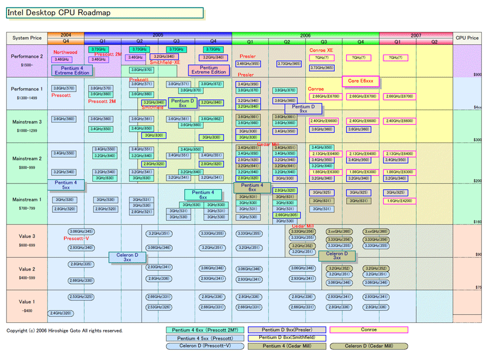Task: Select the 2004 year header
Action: tap(65, 35)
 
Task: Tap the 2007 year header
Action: tap(415, 35)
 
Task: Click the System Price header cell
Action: tap(27, 38)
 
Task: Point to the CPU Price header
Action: tap(467, 38)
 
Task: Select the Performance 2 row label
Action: tap(27, 56)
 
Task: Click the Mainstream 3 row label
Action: tap(27, 122)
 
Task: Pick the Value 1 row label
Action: tap(27, 302)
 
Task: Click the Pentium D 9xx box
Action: tap(303, 108)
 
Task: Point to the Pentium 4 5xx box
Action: tap(65, 185)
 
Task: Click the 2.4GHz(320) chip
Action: tap(60, 313)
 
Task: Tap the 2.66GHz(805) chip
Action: tap(286, 214)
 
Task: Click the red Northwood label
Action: tap(65, 52)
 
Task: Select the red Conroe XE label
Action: tap(321, 50)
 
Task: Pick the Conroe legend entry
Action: tap(369, 330)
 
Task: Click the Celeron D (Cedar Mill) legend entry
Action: tap(369, 346)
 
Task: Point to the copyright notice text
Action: tap(64, 330)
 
